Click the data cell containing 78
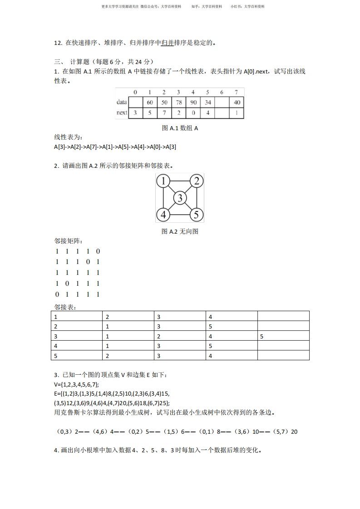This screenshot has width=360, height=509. [179, 103]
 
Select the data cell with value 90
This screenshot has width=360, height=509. [193, 103]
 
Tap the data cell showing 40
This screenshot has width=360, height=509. [237, 103]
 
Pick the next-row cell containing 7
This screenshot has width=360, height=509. [164, 113]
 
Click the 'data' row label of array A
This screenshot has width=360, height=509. [122, 103]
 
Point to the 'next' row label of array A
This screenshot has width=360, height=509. [122, 113]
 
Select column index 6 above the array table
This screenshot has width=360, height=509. [222, 93]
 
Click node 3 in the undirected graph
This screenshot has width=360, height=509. [180, 198]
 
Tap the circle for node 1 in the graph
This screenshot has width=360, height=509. [163, 181]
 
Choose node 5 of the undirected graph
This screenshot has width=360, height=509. [196, 214]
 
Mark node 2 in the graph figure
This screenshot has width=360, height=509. [196, 181]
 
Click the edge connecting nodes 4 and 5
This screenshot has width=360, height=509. [179, 215]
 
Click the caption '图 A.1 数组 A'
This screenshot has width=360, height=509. [180, 128]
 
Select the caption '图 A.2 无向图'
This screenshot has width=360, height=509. [180, 231]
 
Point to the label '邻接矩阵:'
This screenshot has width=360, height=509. [66, 241]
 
